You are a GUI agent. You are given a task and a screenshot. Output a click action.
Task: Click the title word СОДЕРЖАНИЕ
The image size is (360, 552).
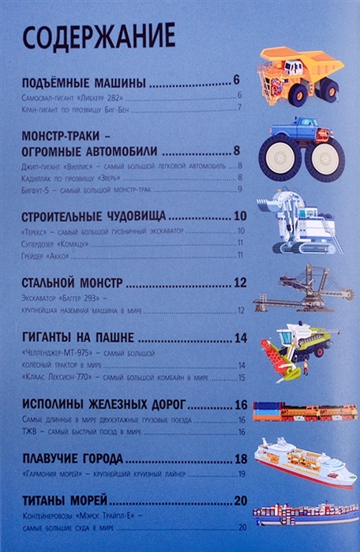pos(97,37)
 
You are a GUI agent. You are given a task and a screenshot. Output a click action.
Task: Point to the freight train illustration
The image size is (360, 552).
pos(304,411)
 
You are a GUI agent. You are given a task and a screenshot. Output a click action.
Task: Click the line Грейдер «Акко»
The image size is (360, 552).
pos(46,256)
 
